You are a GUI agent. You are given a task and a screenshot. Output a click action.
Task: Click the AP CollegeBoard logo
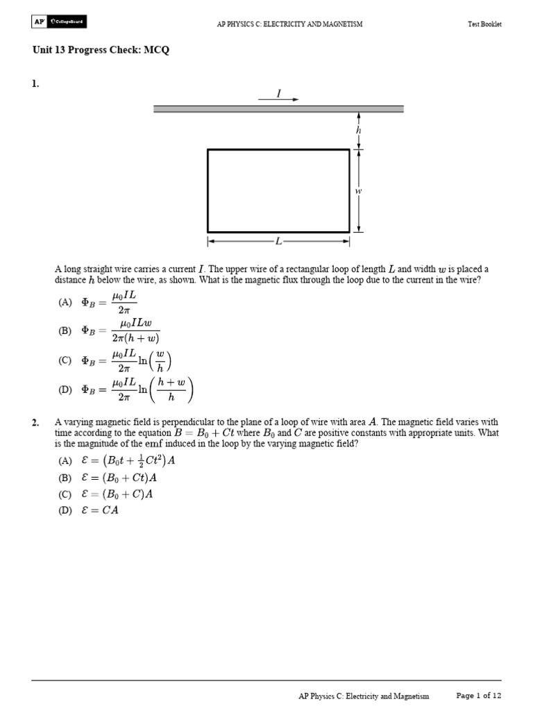(x=59, y=22)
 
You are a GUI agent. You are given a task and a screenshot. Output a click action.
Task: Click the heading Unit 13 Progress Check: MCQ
(x=101, y=50)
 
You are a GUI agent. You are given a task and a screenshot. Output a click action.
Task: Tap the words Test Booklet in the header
(x=484, y=24)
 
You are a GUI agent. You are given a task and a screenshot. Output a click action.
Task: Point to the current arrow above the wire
(x=279, y=99)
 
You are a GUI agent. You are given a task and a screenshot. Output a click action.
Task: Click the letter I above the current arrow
(x=279, y=92)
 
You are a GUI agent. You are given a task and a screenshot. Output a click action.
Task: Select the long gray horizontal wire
(x=278, y=109)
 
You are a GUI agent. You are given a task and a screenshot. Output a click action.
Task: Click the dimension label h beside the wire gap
(x=359, y=130)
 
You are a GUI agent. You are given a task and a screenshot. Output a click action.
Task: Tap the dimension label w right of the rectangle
(x=359, y=190)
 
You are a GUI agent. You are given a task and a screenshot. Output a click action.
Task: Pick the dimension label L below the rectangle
(x=278, y=242)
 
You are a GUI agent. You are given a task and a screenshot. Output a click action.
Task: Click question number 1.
(x=35, y=84)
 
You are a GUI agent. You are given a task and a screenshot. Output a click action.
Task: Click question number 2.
(x=35, y=422)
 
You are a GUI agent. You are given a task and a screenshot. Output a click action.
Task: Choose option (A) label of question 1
(x=65, y=302)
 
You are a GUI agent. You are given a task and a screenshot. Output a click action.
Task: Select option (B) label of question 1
(x=65, y=331)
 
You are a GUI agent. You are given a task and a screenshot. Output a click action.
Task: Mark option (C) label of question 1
(x=65, y=360)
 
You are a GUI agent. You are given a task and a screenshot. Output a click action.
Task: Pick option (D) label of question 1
(x=65, y=390)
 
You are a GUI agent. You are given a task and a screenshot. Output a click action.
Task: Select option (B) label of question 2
(x=65, y=478)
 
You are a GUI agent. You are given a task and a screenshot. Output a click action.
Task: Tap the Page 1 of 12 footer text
(x=478, y=695)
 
